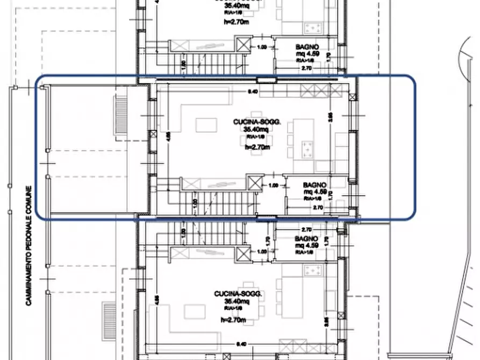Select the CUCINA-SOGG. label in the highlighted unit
(249, 123)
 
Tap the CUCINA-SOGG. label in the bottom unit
(238, 294)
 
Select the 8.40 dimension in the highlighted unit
(253, 92)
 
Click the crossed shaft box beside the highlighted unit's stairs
(254, 183)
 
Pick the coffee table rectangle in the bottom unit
(194, 311)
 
